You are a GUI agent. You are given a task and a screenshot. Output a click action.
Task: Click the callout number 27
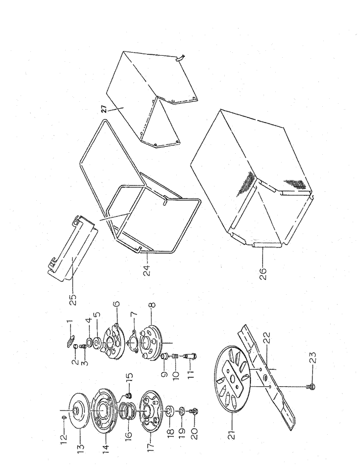pos(104,109)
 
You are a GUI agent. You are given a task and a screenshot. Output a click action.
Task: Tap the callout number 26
pos(263,273)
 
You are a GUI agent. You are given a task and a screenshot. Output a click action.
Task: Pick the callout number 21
pos(233,433)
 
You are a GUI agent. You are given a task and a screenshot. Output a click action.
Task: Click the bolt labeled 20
pos(194,411)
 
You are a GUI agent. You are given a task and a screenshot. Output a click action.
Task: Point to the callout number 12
pos(64,436)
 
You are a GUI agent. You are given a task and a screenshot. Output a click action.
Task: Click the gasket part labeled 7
pos(132,343)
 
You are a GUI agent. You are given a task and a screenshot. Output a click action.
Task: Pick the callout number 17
pos(151,437)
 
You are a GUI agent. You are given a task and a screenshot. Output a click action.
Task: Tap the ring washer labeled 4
pos(89,340)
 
